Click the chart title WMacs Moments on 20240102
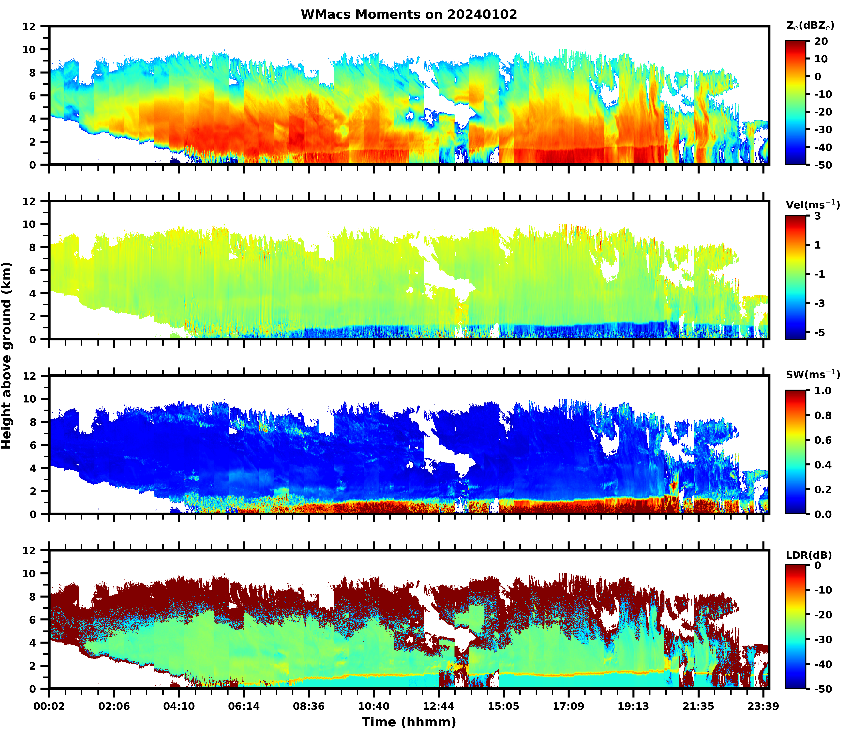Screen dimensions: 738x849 (409, 14)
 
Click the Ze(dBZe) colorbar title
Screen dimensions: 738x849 (810, 25)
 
